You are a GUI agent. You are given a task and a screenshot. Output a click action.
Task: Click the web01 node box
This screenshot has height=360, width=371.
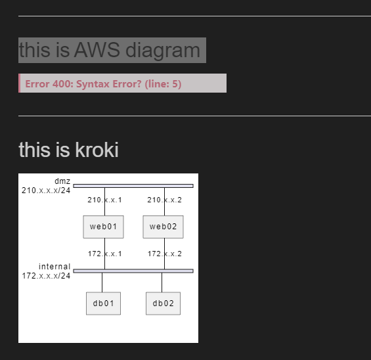click(103, 227)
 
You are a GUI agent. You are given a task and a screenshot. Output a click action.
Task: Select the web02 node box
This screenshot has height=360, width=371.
click(163, 227)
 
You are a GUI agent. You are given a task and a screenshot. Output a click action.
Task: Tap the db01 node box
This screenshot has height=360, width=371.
click(103, 304)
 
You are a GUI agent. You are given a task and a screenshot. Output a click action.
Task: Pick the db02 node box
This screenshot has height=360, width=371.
click(163, 304)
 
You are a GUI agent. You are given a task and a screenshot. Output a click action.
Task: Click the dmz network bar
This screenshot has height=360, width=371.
click(133, 186)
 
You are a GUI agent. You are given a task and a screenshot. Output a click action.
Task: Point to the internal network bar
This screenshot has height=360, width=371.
click(133, 271)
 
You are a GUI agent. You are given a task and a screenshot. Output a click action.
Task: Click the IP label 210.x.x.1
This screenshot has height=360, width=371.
click(104, 200)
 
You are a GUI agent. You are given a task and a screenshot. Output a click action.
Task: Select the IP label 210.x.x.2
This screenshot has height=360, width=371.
click(164, 200)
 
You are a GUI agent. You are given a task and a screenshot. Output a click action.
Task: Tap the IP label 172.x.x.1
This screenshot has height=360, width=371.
click(104, 254)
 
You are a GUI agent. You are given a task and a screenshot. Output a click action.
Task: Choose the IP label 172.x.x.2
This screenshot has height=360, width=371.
click(164, 254)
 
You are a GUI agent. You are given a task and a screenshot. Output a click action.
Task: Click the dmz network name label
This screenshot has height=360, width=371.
click(62, 181)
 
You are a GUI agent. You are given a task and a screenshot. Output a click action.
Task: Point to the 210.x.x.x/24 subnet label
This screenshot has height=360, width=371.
click(46, 191)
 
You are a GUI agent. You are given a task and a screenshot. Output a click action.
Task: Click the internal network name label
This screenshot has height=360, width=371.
click(55, 266)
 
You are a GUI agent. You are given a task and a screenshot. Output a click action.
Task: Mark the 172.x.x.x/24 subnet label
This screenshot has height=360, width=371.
click(46, 275)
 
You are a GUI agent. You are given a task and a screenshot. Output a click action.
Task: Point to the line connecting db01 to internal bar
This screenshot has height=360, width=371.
click(102, 282)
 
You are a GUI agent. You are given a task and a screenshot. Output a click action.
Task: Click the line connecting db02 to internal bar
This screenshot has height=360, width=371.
click(162, 282)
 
